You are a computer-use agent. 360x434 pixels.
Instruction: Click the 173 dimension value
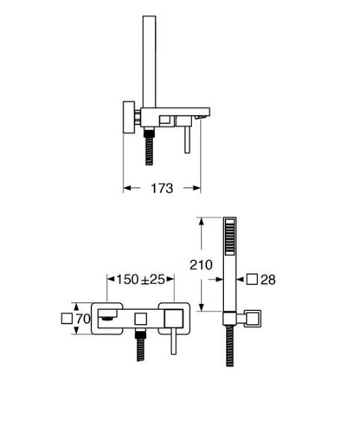[162, 188]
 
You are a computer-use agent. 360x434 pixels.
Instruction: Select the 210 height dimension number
[201, 265]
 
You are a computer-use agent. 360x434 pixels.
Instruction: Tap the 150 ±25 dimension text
[140, 279]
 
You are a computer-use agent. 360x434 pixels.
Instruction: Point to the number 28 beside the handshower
[268, 280]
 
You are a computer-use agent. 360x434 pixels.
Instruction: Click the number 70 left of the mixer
[83, 319]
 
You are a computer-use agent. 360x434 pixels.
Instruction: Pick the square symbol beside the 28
[252, 279]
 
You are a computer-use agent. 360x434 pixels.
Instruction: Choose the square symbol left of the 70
[67, 319]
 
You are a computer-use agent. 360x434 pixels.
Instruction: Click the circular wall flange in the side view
[129, 117]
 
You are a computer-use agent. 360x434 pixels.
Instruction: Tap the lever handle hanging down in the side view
[187, 139]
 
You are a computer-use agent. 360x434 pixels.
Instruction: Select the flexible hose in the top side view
[149, 146]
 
